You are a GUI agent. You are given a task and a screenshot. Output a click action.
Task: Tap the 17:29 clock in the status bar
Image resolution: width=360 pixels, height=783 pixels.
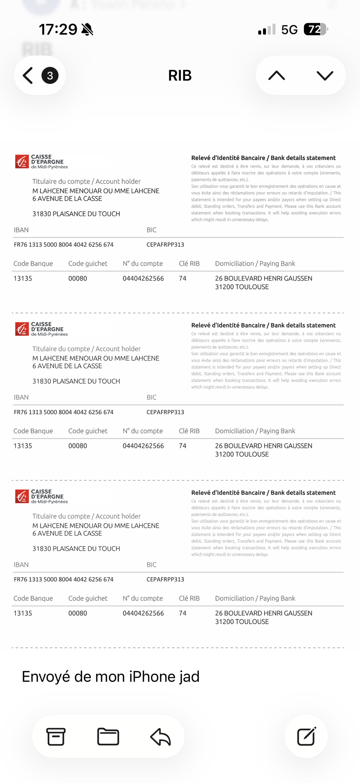(x=58, y=30)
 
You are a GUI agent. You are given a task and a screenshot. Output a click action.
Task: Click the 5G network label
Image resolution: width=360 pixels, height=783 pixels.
(x=289, y=30)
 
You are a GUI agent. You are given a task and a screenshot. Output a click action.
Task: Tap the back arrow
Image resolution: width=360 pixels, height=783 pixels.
(x=28, y=75)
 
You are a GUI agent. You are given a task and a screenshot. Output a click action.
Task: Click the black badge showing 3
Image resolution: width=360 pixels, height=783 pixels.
(x=50, y=75)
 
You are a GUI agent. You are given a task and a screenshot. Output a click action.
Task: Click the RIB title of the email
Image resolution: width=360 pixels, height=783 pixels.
(x=180, y=75)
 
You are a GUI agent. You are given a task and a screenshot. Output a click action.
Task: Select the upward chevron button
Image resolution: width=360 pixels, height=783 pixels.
(x=276, y=75)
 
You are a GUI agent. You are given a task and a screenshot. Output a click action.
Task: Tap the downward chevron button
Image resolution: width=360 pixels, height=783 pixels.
(x=325, y=75)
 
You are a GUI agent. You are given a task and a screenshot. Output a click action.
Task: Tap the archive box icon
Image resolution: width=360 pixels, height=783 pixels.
(x=56, y=737)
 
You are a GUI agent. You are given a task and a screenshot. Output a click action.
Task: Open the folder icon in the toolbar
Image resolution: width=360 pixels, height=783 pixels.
(x=108, y=737)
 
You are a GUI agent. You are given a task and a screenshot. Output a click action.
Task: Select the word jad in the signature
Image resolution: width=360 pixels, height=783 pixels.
(x=189, y=677)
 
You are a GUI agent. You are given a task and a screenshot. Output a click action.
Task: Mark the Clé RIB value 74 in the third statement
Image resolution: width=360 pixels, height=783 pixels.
(x=182, y=613)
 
